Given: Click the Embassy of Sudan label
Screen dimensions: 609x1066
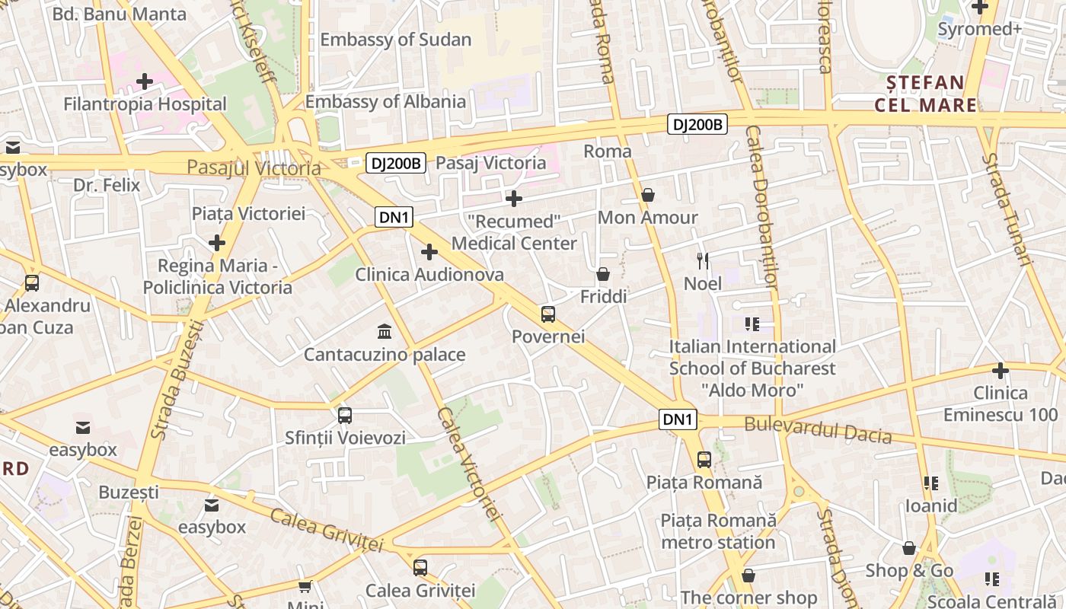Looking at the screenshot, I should (x=395, y=40).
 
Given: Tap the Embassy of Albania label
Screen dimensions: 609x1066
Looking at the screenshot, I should (x=385, y=101).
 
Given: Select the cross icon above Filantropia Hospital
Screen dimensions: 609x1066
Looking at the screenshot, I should (x=145, y=81).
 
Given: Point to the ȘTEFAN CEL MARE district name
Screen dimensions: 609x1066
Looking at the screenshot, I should (x=925, y=94).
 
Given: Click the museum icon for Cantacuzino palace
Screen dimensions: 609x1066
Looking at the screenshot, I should (x=385, y=332).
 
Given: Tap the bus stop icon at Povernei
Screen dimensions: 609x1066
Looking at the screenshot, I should (x=548, y=314).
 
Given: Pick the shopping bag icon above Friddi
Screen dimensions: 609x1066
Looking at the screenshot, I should (x=603, y=273).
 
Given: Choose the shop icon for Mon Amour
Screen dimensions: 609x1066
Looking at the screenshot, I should (x=648, y=195).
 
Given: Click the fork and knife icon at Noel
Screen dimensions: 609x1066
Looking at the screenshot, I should (x=703, y=261).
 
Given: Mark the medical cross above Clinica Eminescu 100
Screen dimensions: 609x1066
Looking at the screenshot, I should (x=1001, y=371).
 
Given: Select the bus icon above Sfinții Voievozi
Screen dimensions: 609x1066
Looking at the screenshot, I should (x=345, y=415).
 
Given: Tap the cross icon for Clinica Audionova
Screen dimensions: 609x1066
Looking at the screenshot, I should (x=429, y=252).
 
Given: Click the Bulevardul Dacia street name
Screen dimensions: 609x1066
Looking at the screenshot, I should (x=818, y=429).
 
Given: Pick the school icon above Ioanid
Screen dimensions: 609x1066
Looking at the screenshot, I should (x=930, y=483).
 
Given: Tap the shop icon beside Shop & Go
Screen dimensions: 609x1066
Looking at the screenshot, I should (x=909, y=548).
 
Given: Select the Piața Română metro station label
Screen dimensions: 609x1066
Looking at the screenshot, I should (x=718, y=531).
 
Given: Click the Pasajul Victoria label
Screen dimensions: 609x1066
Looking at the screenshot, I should (x=254, y=167).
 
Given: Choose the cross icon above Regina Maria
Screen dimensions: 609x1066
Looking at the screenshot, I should (x=217, y=243).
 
